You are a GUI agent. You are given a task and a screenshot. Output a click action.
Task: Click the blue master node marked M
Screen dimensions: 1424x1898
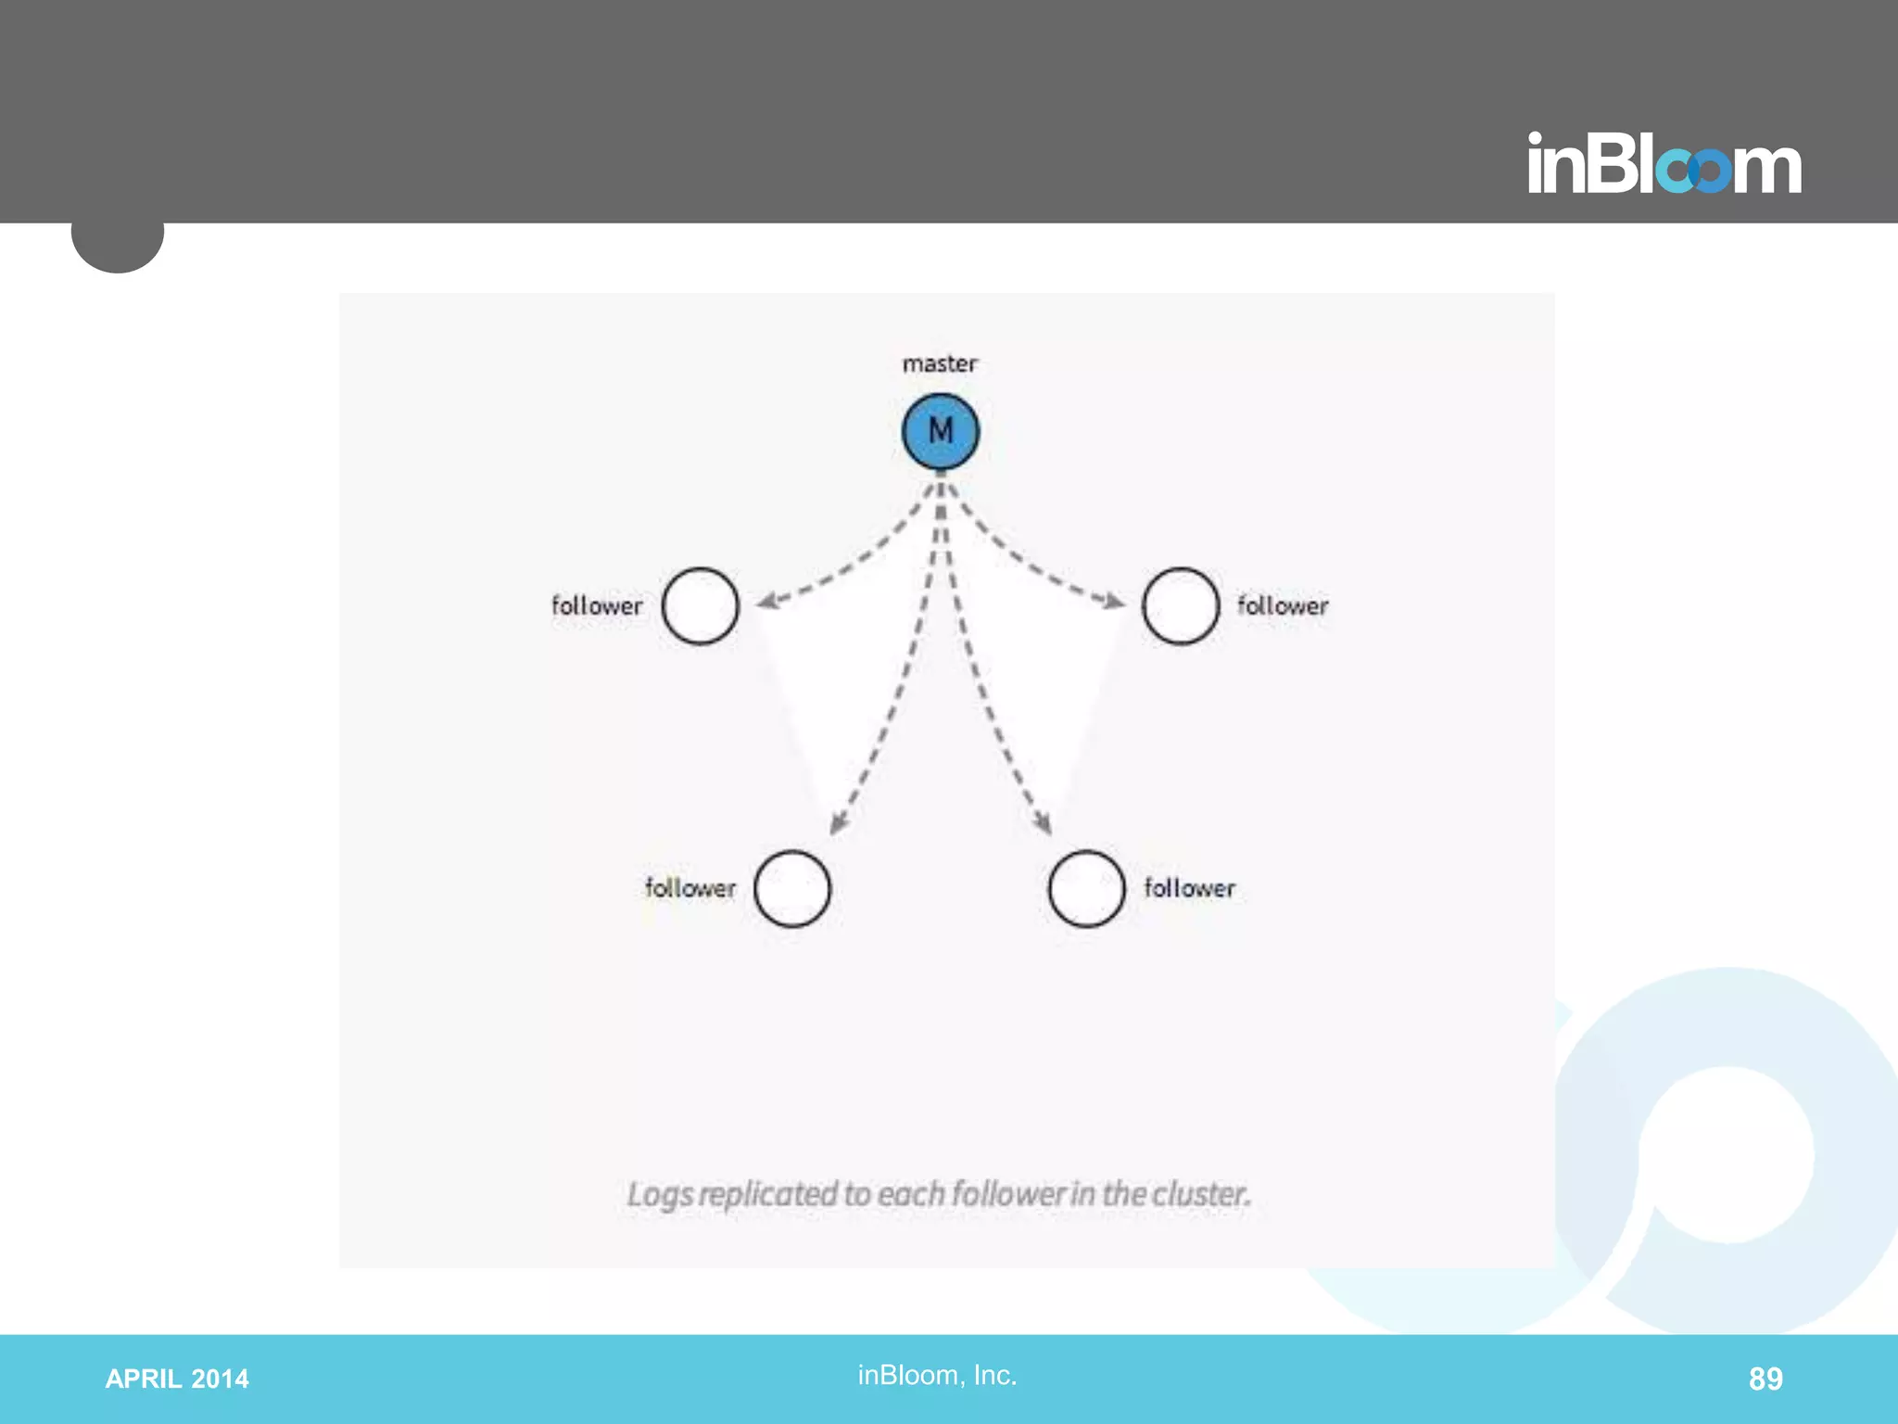pyautogui.click(x=940, y=432)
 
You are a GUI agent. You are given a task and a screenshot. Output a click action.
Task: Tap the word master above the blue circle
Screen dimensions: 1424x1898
pyautogui.click(x=940, y=363)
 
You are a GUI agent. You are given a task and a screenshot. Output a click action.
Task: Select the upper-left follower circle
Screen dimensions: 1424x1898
pyautogui.click(x=700, y=606)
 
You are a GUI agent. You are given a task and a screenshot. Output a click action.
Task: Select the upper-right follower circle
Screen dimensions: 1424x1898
pyautogui.click(x=1180, y=606)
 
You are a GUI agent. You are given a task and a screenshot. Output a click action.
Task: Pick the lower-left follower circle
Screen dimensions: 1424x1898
pyautogui.click(x=791, y=889)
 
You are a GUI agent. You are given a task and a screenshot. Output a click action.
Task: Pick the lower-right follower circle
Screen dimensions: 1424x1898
pyautogui.click(x=1086, y=889)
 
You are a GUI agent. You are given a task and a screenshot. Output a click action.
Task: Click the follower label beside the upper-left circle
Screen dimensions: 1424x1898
pyautogui.click(x=597, y=606)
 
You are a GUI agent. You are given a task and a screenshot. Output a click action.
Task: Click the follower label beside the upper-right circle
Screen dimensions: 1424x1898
pyautogui.click(x=1283, y=606)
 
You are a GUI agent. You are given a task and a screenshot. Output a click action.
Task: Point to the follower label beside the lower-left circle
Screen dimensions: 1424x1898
pyautogui.click(x=690, y=888)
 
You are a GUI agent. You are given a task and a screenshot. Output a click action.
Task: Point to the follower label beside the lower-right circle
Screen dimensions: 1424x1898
pyautogui.click(x=1189, y=888)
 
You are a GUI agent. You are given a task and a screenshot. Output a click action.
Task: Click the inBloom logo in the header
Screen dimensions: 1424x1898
pyautogui.click(x=1664, y=164)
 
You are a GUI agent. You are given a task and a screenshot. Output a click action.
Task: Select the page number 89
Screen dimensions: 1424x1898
pyautogui.click(x=1765, y=1379)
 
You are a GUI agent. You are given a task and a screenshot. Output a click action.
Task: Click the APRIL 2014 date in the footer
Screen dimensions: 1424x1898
pyautogui.click(x=177, y=1379)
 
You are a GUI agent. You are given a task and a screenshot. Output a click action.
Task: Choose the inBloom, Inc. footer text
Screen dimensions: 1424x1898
pyautogui.click(x=937, y=1375)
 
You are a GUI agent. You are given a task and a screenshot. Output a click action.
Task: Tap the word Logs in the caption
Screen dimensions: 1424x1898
pyautogui.click(x=660, y=1195)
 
